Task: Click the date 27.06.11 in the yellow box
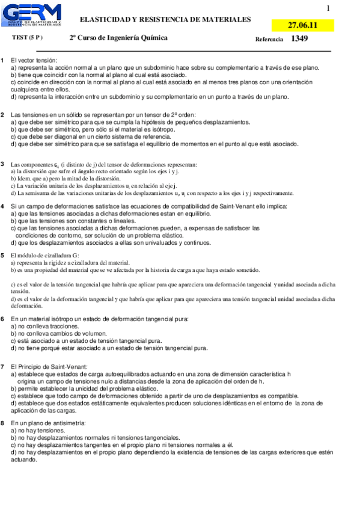pyautogui.click(x=302, y=25)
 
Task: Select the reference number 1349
pyautogui.click(x=299, y=38)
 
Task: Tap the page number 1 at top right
pyautogui.click(x=328, y=8)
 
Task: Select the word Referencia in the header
pyautogui.click(x=269, y=39)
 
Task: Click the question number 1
pyautogui.click(x=3, y=60)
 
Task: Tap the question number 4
pyautogui.click(x=3, y=206)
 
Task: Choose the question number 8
pyautogui.click(x=3, y=423)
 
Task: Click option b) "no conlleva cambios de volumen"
pyautogui.click(x=53, y=333)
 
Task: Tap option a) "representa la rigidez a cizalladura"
pyautogui.click(x=69, y=263)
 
